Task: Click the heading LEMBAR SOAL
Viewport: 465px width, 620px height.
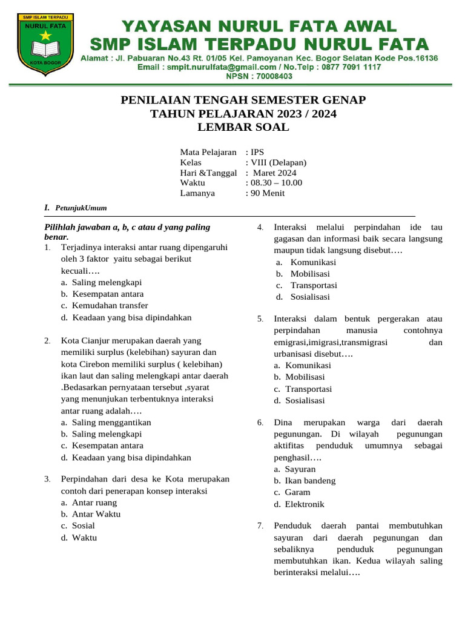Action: point(243,127)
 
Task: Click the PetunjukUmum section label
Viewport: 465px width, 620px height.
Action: point(81,208)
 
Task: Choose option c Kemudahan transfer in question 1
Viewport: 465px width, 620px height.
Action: point(110,306)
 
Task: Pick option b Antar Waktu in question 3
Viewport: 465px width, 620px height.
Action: point(96,514)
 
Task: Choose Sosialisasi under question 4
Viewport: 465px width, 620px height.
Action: point(310,297)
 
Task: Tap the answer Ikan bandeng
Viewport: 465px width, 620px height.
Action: point(310,481)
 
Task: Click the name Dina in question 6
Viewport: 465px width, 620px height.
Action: point(285,422)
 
